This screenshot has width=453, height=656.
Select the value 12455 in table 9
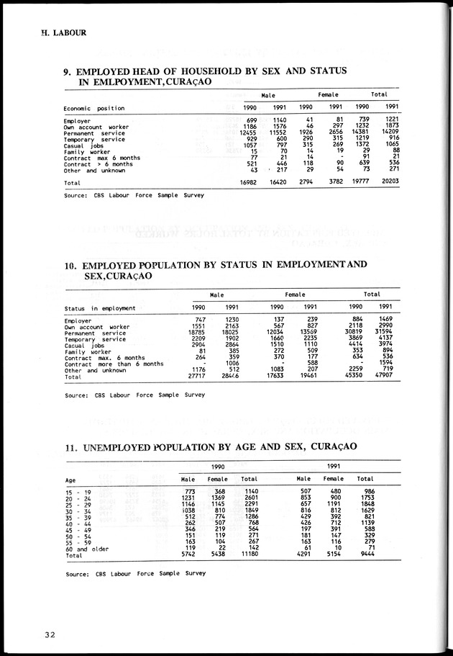[247, 132]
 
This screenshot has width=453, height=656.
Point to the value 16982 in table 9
[247, 183]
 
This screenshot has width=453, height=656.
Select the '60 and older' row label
[84, 549]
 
